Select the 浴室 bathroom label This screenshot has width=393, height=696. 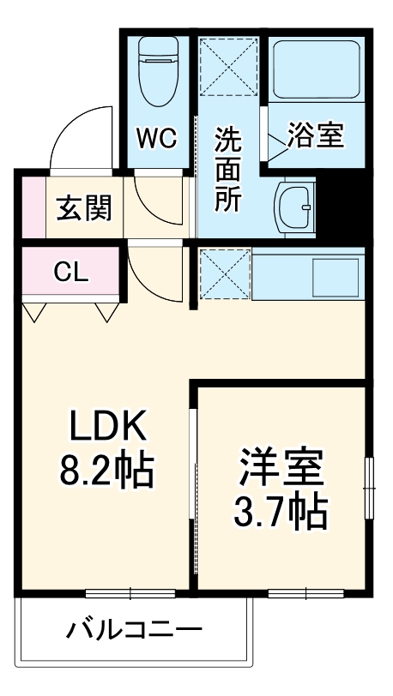pos(315,136)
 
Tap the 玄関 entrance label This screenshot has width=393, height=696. pos(83,207)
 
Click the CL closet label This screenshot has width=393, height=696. pos(71,273)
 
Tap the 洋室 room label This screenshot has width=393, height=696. pos(281,468)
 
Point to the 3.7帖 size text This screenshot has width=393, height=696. pos(281,512)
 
